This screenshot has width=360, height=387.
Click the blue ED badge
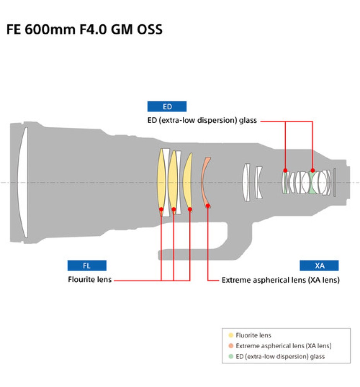167,106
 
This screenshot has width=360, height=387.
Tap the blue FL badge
87,265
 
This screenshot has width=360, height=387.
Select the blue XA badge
319,265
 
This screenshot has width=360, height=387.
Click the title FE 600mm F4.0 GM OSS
84,29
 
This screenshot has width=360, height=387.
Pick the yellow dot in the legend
231,335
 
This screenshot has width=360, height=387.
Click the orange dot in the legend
231,346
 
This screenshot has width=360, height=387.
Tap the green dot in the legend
231,356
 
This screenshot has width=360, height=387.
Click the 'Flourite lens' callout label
90,280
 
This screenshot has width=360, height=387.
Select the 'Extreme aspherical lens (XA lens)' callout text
281,280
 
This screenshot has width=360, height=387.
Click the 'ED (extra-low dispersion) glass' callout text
202,120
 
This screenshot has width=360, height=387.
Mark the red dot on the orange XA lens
208,205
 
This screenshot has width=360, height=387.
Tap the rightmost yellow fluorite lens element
188,182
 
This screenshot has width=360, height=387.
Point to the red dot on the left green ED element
285,170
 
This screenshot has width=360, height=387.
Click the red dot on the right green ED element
313,170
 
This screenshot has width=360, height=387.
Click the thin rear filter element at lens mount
335,183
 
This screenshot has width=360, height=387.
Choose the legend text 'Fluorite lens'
253,335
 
